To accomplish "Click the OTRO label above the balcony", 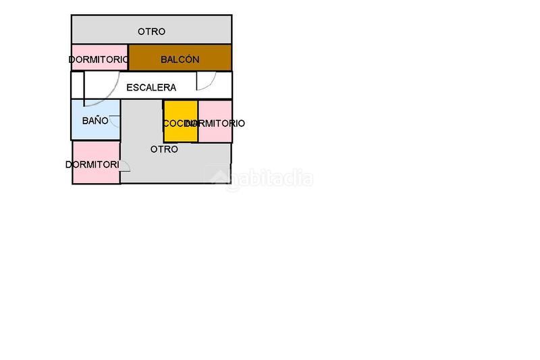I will [151, 32].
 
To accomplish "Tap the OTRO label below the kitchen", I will [164, 149].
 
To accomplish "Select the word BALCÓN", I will [180, 59].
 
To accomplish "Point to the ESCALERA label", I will [151, 88].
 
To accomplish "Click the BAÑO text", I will [95, 121].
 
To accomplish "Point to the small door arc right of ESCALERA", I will [207, 82].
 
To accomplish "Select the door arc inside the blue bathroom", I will [115, 122].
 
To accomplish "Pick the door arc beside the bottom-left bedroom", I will [125, 175].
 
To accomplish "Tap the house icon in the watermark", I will [218, 179].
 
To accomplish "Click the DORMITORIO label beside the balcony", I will [99, 60].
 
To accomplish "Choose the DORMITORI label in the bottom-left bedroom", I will [92, 165].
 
